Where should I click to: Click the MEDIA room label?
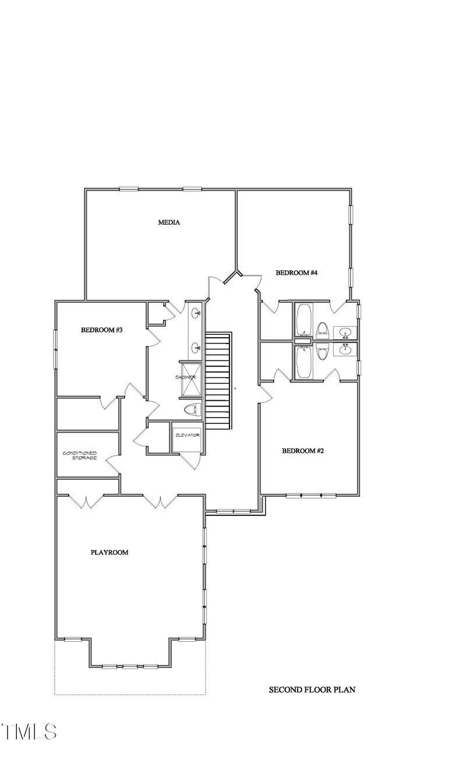click(x=168, y=222)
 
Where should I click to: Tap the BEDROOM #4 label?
click(x=296, y=273)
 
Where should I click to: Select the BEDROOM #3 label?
click(x=101, y=330)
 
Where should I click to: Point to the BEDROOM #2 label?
click(x=302, y=450)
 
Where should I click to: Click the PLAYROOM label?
click(x=109, y=552)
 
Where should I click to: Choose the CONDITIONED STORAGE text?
click(x=80, y=455)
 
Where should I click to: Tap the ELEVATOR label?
click(x=187, y=435)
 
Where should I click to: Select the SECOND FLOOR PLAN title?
click(x=312, y=690)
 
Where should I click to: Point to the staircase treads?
click(x=218, y=379)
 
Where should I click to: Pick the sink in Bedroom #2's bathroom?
click(x=345, y=350)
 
